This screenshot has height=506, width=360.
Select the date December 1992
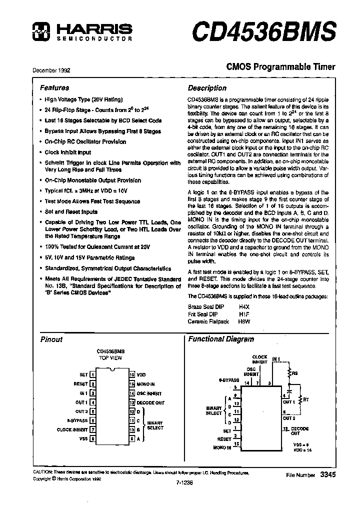[51, 70]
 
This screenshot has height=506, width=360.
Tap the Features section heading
[54, 87]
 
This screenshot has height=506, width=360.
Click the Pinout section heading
[51, 339]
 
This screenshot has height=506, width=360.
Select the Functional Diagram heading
[220, 339]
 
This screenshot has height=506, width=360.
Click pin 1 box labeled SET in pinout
[92, 374]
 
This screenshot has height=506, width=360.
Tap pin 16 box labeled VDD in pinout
[131, 374]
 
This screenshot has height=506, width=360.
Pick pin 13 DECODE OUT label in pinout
[150, 402]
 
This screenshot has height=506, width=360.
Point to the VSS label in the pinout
[83, 439]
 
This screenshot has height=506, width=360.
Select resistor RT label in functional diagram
[306, 399]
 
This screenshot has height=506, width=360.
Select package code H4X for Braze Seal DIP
[243, 306]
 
